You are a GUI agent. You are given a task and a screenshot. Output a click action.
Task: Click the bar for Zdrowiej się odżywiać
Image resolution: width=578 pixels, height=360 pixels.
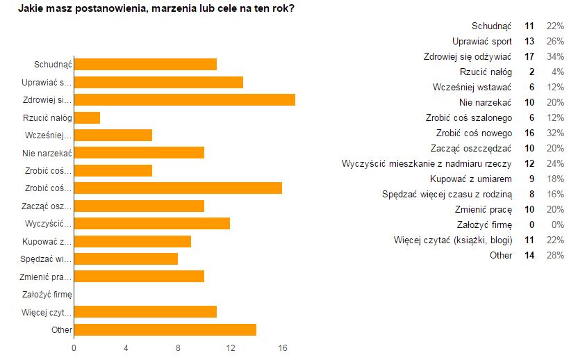coord(184,99)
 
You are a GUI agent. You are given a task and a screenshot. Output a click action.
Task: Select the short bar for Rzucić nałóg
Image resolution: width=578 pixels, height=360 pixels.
coord(87,117)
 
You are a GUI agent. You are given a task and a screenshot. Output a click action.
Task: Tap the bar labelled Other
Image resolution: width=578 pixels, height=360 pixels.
coord(165,329)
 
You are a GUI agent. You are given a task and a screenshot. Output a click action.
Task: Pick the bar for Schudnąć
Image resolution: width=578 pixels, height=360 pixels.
coord(145,65)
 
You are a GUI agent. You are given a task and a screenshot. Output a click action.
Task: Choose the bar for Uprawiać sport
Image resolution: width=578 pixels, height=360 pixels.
coord(158,82)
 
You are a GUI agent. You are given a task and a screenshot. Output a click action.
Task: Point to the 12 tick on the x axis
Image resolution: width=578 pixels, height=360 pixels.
coord(230,347)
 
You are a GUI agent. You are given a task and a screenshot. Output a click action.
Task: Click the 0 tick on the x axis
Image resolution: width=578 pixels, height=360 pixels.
coord(74,347)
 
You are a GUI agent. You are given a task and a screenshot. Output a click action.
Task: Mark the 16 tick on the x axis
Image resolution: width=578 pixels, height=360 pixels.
coord(282,347)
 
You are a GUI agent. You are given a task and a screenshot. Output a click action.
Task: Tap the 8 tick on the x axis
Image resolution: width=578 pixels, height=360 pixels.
coord(179,347)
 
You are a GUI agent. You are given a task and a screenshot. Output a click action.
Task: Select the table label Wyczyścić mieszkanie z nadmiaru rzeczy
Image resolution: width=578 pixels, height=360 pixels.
coord(427,163)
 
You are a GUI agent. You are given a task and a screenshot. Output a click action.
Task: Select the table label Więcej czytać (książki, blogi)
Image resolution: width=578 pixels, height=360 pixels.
coord(453,240)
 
